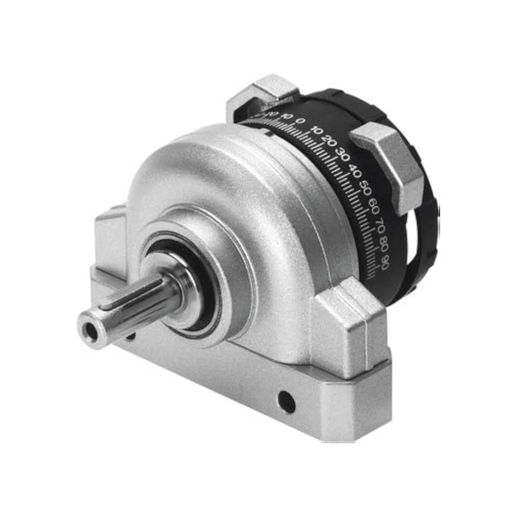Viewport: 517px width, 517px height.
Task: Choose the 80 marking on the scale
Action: (383, 244)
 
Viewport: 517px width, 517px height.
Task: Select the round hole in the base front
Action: (286, 403)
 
